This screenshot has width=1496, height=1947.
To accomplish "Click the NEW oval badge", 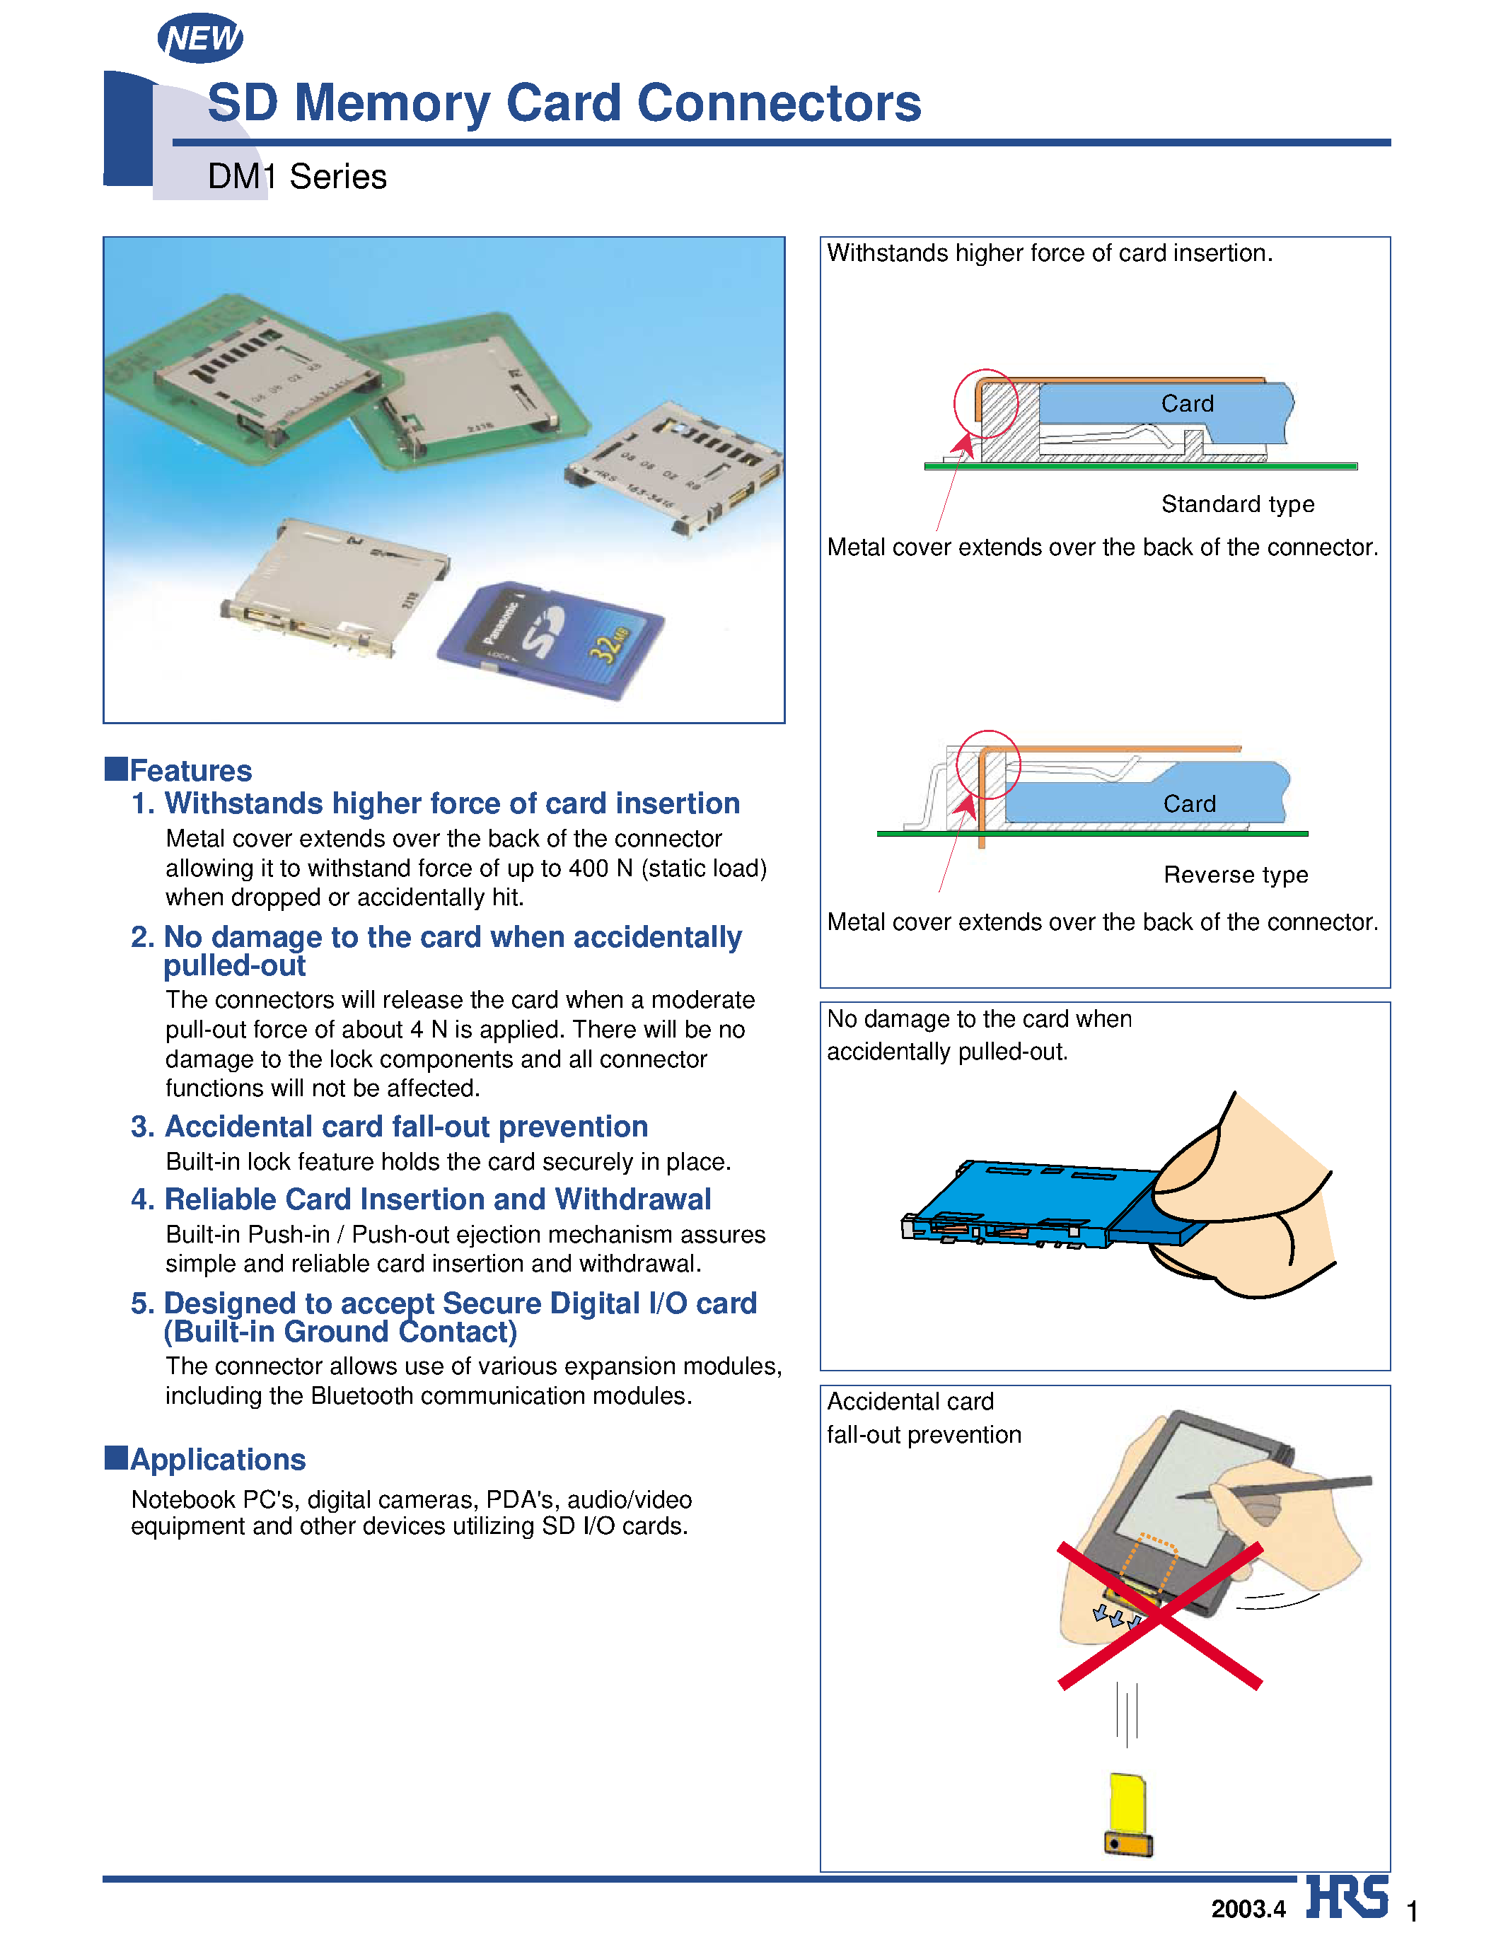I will (x=200, y=38).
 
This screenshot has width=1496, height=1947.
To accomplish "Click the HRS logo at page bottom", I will (x=1347, y=1897).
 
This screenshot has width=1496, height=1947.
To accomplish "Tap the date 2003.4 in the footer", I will (x=1248, y=1909).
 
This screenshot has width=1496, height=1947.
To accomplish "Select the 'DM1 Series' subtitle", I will (x=296, y=176).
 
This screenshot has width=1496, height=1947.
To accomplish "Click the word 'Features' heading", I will (x=190, y=770).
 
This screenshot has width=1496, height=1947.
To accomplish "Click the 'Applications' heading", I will (x=217, y=1459).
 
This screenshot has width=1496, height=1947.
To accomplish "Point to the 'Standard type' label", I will (x=1237, y=504).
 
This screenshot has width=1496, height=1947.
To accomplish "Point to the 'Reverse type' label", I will (x=1235, y=874).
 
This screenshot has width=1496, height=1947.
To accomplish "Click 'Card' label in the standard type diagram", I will (x=1187, y=403).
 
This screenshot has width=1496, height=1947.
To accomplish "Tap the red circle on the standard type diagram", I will (x=986, y=403).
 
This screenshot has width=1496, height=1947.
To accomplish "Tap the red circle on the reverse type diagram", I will (x=987, y=765).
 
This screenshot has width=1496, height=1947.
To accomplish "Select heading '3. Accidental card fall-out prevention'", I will (x=389, y=1126).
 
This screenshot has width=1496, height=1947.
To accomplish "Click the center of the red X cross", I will (x=1159, y=1616).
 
